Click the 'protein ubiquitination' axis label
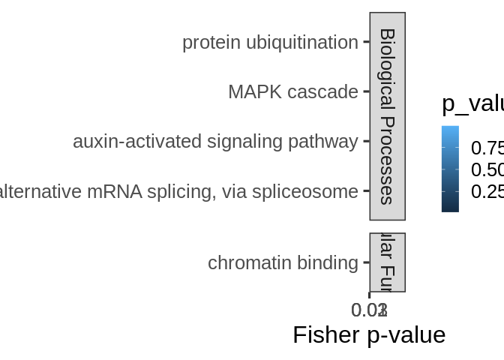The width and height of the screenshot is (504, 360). (x=270, y=43)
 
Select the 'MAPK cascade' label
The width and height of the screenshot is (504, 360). (x=292, y=92)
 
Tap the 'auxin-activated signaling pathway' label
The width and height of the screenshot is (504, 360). (x=215, y=142)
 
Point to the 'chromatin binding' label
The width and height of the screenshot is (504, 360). (x=283, y=263)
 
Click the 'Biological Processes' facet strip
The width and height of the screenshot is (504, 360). (x=387, y=116)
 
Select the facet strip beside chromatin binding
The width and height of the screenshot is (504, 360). (x=387, y=262)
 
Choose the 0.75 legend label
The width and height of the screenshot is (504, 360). (x=487, y=148)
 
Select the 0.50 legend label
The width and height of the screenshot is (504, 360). (x=487, y=169)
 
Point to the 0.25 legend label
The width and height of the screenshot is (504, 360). (x=487, y=192)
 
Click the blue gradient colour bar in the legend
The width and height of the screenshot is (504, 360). (x=450, y=169)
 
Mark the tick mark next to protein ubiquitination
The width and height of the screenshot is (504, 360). (x=366, y=42)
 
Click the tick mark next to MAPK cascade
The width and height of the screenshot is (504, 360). (x=366, y=91)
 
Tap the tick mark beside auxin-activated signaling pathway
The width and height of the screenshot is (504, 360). (x=366, y=141)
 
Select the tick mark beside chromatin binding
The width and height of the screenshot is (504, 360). (x=366, y=262)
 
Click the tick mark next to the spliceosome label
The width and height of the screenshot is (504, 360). (x=366, y=190)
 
